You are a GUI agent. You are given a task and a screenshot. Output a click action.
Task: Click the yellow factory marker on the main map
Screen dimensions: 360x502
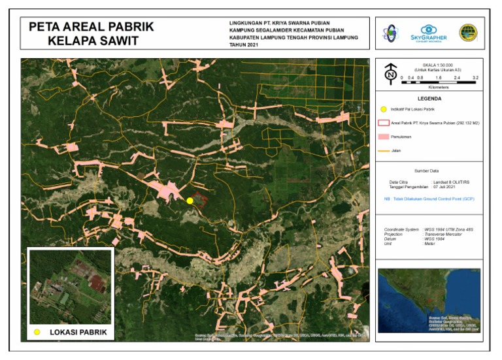[x=190, y=201]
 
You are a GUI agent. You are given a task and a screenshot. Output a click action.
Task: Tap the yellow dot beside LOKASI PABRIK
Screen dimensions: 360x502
[x=37, y=333]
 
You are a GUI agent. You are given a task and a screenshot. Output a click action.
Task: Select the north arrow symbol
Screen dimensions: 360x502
[x=390, y=74]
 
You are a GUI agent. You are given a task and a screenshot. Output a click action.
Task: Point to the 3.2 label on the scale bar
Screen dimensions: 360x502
[x=475, y=78]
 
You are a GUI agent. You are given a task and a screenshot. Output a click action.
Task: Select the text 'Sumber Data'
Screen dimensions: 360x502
[x=429, y=171]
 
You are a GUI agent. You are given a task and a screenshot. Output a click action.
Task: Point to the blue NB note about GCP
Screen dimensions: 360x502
[x=429, y=198]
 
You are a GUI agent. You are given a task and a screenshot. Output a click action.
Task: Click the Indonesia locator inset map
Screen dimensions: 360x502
[x=429, y=301]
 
